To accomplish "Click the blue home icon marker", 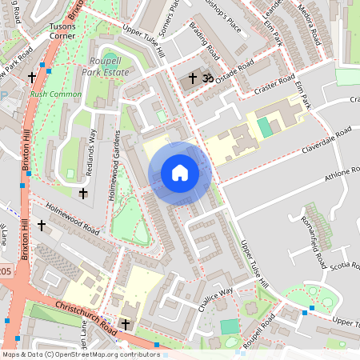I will coord(180,173).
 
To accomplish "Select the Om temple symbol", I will coord(207,79).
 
